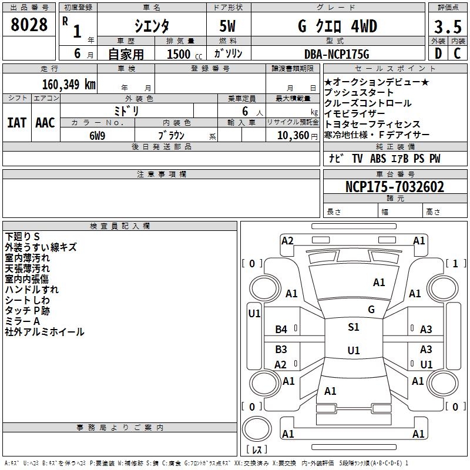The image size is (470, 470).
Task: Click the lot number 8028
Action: click(29, 25)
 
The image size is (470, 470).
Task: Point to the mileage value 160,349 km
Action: click(69, 84)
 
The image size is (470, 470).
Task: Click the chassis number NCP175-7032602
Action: click(395, 187)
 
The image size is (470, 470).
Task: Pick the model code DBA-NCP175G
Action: click(336, 54)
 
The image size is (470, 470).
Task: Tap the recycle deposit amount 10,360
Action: click(290, 135)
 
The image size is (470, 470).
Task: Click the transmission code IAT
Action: click(16, 122)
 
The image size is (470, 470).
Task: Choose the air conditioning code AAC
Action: click(45, 122)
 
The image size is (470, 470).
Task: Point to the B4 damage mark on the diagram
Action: click(281, 330)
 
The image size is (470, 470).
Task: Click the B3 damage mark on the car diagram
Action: click(281, 349)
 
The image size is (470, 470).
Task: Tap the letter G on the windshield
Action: click(371, 309)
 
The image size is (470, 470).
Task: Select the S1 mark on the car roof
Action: click(354, 327)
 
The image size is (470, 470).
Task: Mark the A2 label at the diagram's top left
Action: click(287, 240)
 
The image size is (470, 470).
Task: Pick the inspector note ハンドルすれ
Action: click(32, 290)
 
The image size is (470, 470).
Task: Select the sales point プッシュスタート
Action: click(359, 93)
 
